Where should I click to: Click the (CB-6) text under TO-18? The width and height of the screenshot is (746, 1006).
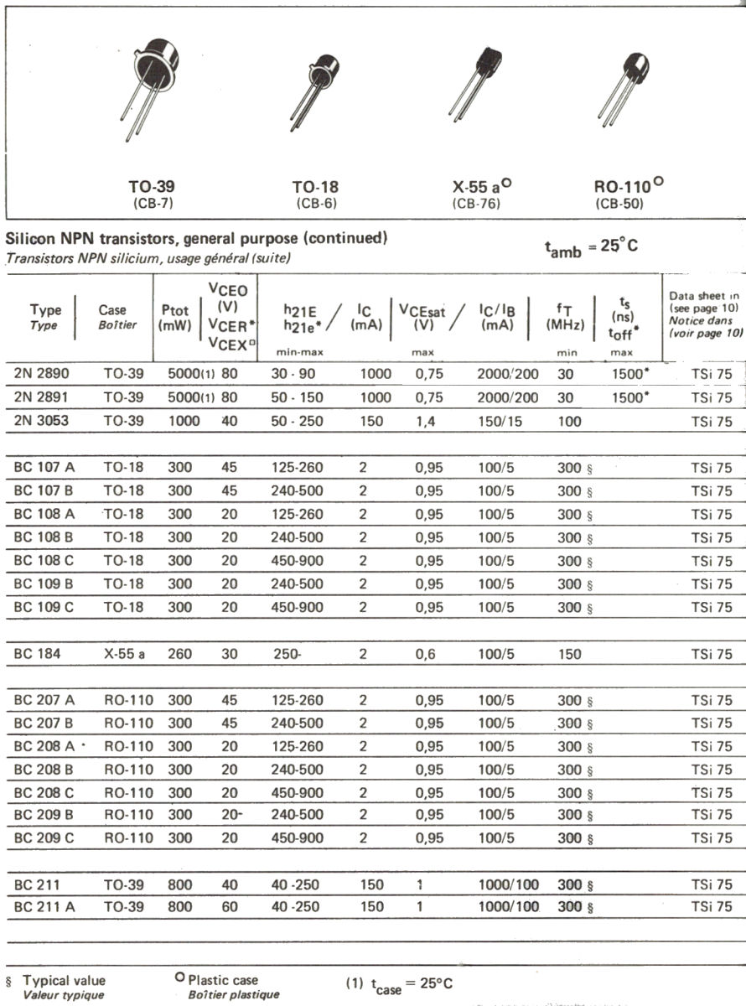(x=316, y=204)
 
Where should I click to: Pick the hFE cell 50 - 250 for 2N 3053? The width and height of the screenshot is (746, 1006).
(x=297, y=422)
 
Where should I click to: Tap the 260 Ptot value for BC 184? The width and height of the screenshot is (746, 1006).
(x=180, y=654)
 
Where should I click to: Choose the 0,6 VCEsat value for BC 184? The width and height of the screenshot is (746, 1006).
(x=427, y=654)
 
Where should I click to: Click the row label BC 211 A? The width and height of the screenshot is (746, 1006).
(x=44, y=906)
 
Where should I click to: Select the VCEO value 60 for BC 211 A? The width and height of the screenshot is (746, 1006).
(x=230, y=906)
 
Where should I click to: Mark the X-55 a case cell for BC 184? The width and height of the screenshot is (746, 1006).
(x=124, y=654)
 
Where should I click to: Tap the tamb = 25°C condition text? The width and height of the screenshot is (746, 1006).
(x=592, y=246)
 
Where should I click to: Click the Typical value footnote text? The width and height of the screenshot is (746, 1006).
(x=64, y=980)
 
